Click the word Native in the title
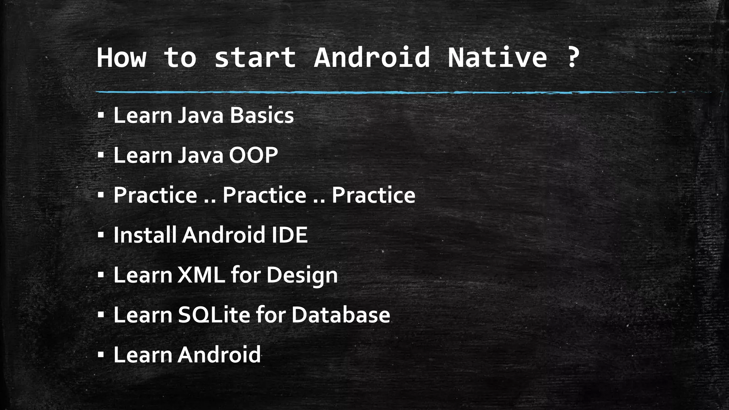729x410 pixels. (497, 58)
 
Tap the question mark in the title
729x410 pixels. (572, 58)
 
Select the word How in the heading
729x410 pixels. (122, 58)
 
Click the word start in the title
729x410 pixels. (255, 58)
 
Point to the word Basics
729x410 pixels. (262, 116)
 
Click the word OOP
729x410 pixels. (253, 156)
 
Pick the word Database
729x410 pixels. (341, 315)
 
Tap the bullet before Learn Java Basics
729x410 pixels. (101, 116)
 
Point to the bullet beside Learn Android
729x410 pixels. (101, 355)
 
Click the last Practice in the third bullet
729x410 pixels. (373, 195)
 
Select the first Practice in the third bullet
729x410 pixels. (155, 195)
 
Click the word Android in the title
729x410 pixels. (372, 58)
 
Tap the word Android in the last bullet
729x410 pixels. (219, 355)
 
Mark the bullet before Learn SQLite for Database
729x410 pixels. (101, 315)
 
